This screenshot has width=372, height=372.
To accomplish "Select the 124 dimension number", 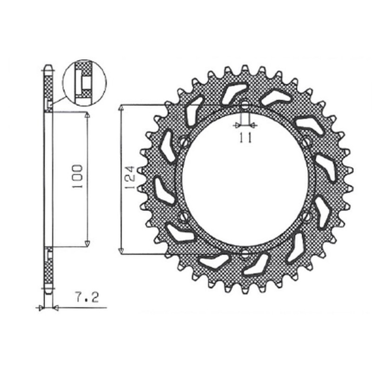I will pyautogui.click(x=131, y=179).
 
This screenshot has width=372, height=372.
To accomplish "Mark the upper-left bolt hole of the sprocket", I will pyautogui.click(x=185, y=141).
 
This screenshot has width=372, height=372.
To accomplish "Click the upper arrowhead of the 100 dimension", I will pyautogui.click(x=87, y=115).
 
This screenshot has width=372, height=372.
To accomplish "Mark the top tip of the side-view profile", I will pyautogui.click(x=48, y=65).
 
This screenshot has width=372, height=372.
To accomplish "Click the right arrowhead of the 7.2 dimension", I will pyautogui.click(x=55, y=307).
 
